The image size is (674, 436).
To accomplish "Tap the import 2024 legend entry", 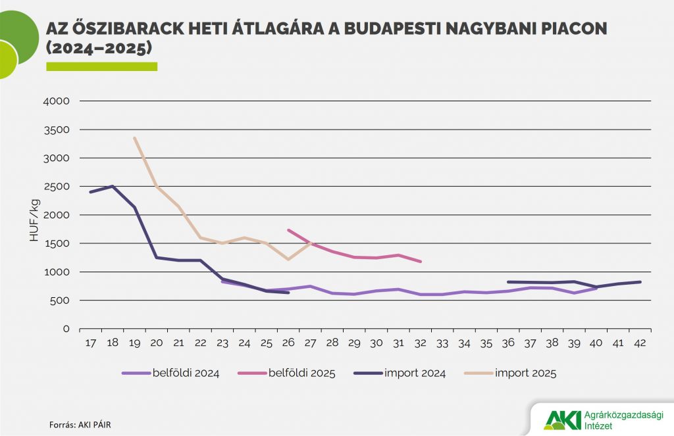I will (409, 374).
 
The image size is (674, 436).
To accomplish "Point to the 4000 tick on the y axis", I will (57, 101).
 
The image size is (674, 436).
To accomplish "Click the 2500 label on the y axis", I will (57, 187).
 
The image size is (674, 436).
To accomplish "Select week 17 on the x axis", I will (90, 343).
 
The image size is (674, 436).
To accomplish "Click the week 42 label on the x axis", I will (639, 343).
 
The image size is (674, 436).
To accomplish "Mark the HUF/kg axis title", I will (34, 216).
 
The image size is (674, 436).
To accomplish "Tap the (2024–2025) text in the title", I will (99, 49).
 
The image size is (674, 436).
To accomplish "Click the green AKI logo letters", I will (560, 420).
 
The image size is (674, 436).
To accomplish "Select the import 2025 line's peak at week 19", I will (134, 138).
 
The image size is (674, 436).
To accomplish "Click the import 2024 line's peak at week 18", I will (113, 186).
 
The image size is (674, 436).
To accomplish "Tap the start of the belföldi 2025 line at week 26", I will (288, 230).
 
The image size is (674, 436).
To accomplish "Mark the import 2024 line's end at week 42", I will (640, 281).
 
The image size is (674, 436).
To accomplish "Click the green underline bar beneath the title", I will (101, 66).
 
